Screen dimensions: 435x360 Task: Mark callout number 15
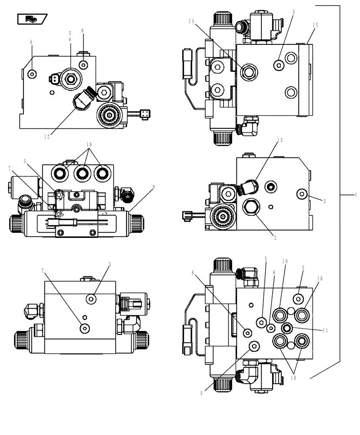[x=315, y=25]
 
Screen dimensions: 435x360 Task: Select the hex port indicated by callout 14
[x=249, y=70]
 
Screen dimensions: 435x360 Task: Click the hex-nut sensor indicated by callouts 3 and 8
[x=70, y=79]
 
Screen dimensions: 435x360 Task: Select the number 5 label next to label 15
[x=293, y=13]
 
